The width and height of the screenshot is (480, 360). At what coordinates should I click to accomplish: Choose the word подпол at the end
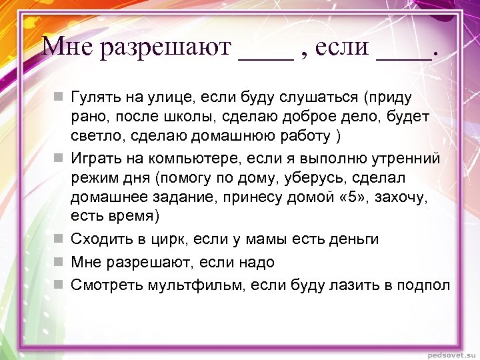[x=425, y=285]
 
